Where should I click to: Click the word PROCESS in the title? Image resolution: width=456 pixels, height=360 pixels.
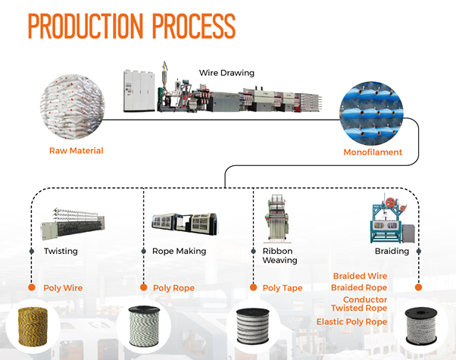193,26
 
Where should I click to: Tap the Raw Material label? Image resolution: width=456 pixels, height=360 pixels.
77,151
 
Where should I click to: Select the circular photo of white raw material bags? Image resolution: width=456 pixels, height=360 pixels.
73,107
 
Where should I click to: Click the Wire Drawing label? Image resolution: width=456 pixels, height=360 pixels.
226,73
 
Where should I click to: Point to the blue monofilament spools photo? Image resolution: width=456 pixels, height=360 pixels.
371,113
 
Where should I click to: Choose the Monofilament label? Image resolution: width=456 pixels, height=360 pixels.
373,152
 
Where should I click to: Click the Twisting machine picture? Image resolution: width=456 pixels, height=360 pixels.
73,224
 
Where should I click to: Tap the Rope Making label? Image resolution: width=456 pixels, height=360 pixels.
179,251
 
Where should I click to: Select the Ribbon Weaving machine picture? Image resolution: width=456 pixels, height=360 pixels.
276,219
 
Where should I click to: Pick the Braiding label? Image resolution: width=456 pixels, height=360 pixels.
392,251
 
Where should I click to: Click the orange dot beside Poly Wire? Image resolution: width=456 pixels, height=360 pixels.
32,287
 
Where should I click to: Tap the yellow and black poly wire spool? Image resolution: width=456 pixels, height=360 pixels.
33,327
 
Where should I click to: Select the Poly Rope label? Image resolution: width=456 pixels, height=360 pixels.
173,288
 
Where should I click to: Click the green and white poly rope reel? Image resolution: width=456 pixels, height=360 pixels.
144,326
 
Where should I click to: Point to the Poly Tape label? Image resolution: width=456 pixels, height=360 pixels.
283,288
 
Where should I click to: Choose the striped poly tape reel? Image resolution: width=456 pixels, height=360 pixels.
253,326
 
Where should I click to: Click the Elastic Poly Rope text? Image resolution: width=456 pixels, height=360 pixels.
352,322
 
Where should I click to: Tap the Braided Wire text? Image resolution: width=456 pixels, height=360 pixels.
360,276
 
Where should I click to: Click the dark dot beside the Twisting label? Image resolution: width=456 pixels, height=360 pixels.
32,251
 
